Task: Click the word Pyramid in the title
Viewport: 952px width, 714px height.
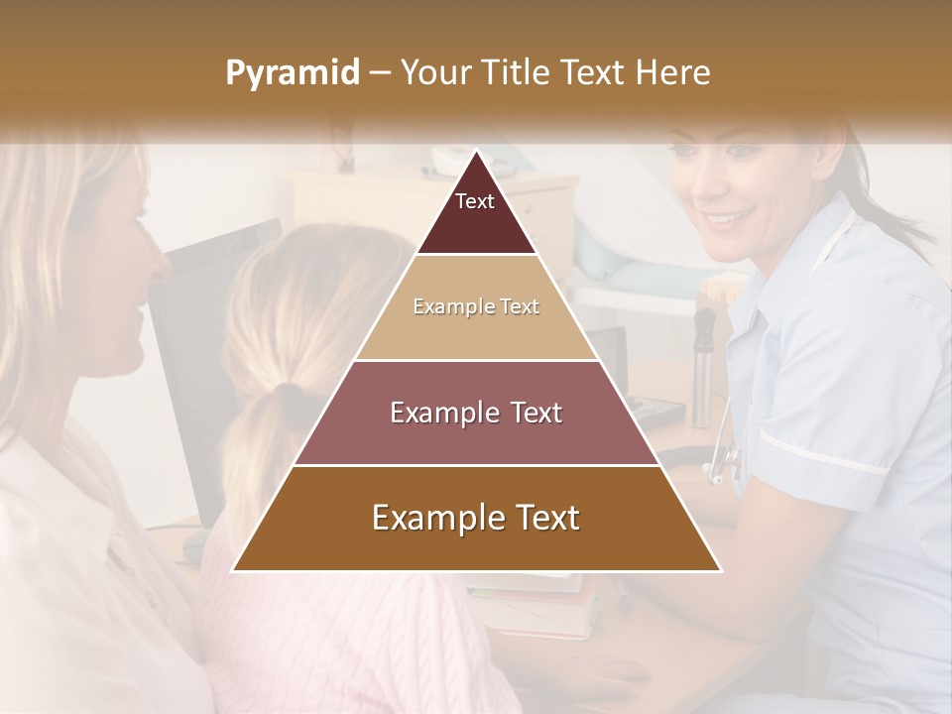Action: click(292, 73)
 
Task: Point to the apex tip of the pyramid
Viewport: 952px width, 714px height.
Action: click(476, 153)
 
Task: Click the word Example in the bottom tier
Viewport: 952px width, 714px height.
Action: click(429, 518)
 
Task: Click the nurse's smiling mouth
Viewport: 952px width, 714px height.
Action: click(730, 215)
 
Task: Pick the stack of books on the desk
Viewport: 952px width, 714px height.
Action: click(540, 605)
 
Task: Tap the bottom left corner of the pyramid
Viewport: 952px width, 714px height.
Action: click(234, 570)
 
